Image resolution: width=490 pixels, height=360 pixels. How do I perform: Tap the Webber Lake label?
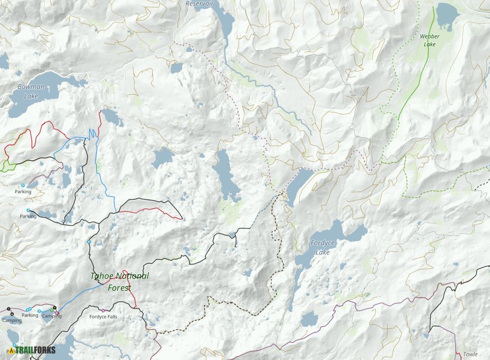(429, 40)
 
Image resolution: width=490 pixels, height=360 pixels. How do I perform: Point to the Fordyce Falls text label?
(103, 317)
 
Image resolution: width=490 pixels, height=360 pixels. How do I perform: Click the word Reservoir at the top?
(199, 3)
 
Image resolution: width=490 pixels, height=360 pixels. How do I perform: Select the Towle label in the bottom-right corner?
(470, 354)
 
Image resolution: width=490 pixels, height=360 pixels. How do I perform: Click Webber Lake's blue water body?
(446, 14)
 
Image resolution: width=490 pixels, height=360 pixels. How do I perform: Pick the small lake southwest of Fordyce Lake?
(310, 318)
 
